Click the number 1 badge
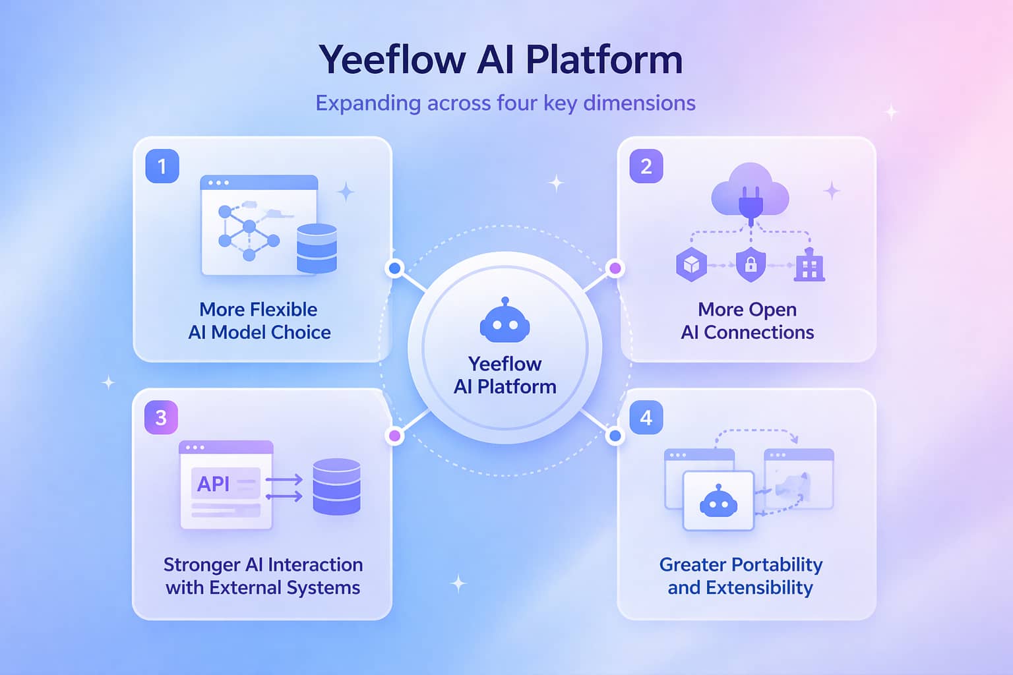pos(162,166)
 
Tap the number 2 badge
pos(646,166)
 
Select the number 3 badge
pos(161,418)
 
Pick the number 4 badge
pos(646,418)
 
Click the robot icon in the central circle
pos(505,322)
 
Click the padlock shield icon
pos(751,265)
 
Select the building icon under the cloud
pos(810,266)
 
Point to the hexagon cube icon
pos(691,265)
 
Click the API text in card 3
pos(214,484)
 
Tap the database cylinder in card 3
pos(336,486)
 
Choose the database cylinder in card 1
pos(317,249)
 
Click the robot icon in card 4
pos(718,502)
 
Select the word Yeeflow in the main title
pos(392,60)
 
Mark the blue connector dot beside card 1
pos(395,268)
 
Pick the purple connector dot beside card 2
pos(615,268)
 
